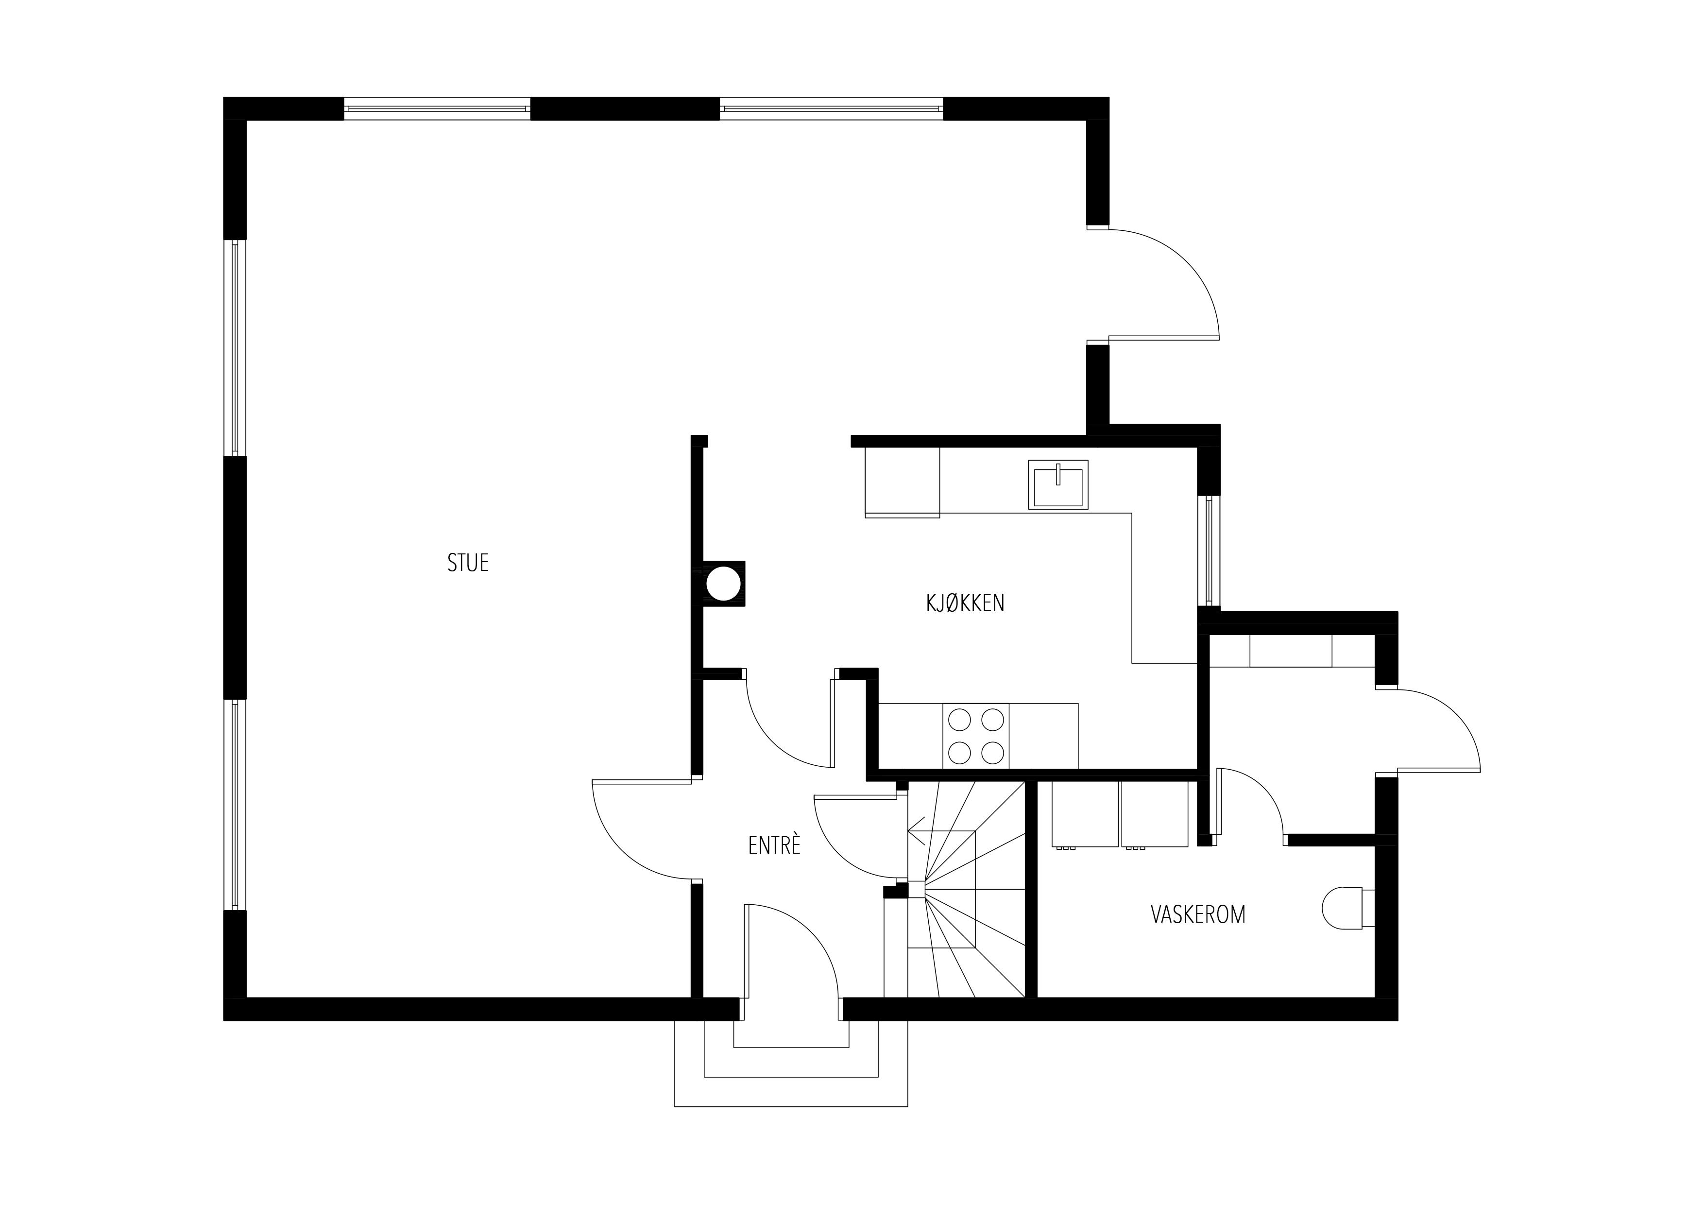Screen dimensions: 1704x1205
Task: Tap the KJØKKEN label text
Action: [965, 603]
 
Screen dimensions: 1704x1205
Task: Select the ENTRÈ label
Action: [774, 845]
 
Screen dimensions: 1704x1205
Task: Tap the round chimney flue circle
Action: [724, 584]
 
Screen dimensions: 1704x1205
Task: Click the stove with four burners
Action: [976, 737]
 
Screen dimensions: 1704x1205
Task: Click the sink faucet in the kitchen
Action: [1057, 474]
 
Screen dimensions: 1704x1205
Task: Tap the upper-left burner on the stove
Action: [960, 720]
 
